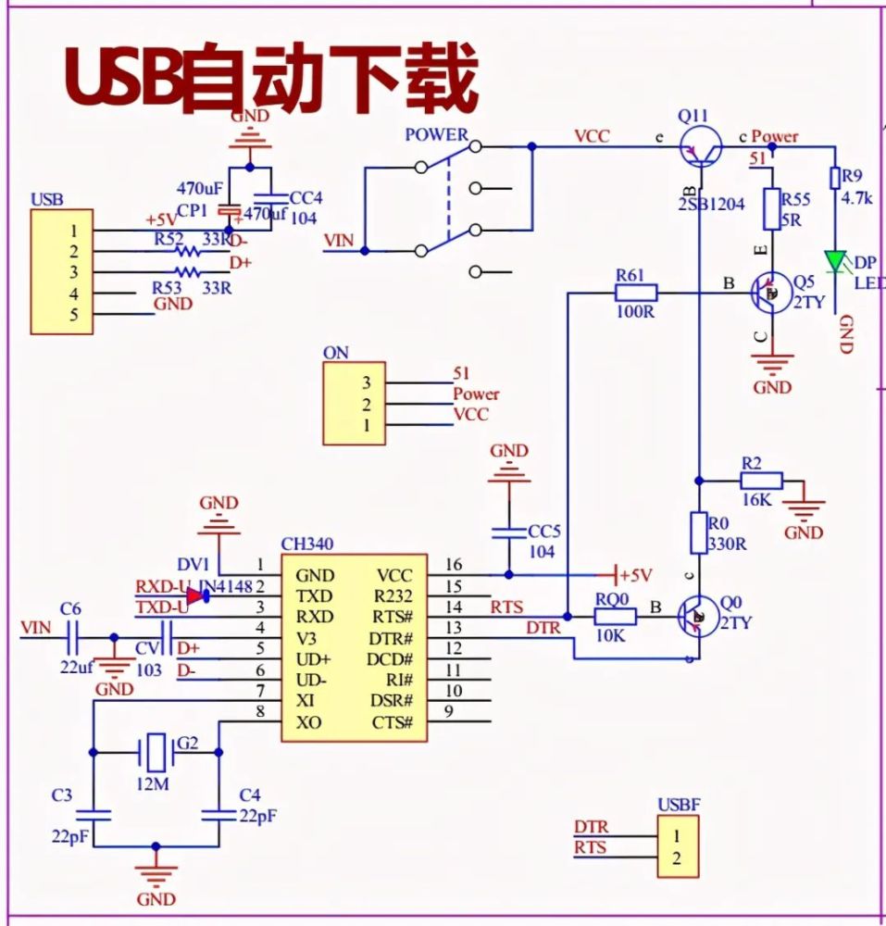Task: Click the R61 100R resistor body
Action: [635, 294]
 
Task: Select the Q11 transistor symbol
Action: [700, 146]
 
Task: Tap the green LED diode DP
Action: [836, 263]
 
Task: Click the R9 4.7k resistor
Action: [835, 177]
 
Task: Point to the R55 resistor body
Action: [772, 209]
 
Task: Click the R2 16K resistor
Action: [761, 480]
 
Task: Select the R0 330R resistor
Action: [700, 534]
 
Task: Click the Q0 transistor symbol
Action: [697, 616]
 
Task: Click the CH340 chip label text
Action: [308, 544]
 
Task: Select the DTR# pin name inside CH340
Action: [391, 638]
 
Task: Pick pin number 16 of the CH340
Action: [452, 565]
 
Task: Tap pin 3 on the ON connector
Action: [367, 382]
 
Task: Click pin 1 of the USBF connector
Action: [676, 836]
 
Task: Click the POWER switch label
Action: [436, 135]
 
